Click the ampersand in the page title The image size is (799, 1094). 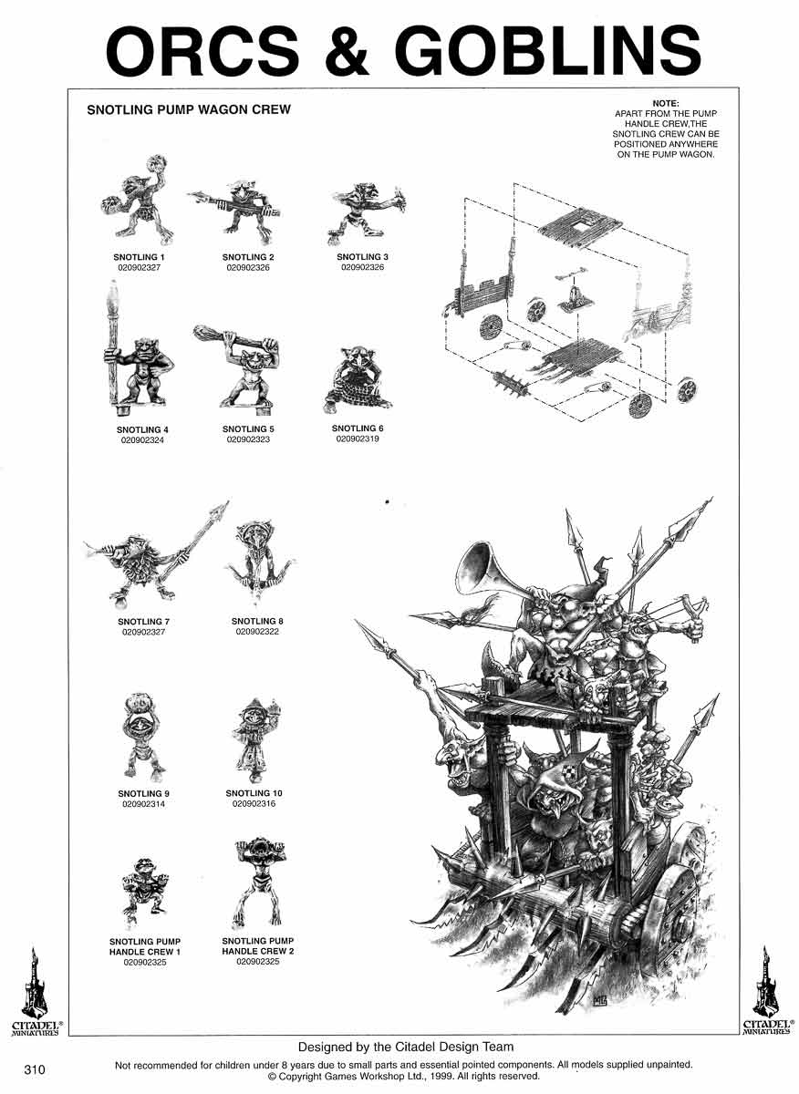tap(347, 51)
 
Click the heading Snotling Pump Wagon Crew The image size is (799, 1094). tap(189, 109)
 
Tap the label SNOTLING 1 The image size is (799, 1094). tap(139, 257)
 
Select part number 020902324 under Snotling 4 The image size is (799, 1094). tap(142, 440)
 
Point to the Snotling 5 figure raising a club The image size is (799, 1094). tap(238, 365)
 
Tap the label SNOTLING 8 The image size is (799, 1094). tap(257, 621)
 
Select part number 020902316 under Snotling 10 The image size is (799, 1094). tap(254, 803)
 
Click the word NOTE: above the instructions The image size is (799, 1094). tap(666, 104)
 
